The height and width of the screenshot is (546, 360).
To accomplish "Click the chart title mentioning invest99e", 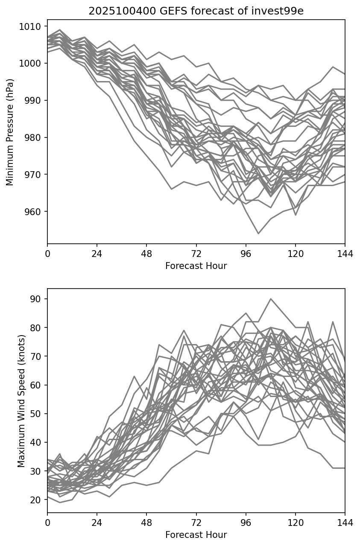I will [196, 11].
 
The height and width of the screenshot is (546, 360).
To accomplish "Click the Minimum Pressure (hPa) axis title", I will [10, 132].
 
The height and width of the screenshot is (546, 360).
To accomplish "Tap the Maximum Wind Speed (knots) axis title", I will [21, 401].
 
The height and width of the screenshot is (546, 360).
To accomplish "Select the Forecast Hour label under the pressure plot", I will [196, 266].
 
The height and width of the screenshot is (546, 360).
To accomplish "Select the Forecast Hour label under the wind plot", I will [196, 534].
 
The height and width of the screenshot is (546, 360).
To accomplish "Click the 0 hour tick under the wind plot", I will [47, 523].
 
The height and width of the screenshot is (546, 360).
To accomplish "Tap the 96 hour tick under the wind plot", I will [246, 523].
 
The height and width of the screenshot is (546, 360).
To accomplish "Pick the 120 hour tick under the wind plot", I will [296, 523].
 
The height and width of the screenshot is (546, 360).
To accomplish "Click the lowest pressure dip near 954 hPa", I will [258, 234].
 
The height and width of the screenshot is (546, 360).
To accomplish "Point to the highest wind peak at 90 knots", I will [271, 299].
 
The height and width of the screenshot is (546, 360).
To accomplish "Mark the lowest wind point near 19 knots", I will [60, 502].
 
